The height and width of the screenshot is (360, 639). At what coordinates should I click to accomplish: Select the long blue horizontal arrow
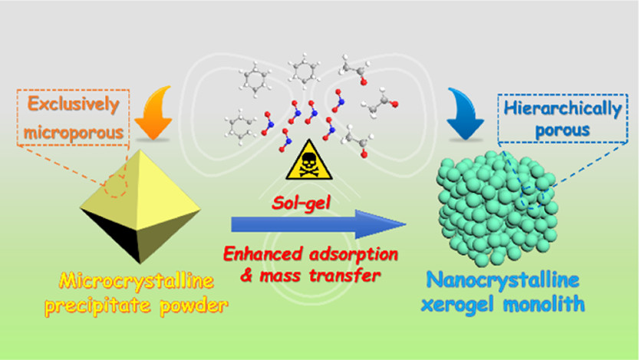click(318, 224)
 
